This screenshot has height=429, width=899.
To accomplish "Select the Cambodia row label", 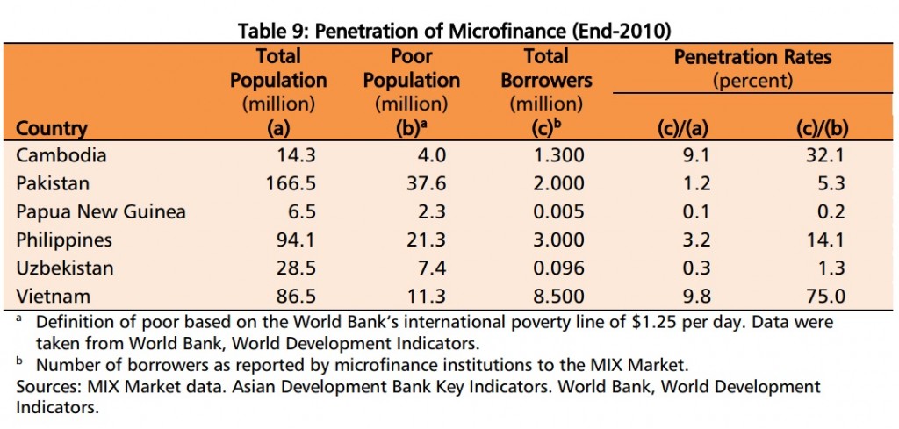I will click(61, 155).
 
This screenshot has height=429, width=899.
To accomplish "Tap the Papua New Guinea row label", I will click(101, 211).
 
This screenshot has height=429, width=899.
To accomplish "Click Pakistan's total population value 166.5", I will click(291, 183).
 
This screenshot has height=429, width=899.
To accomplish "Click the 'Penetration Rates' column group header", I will click(752, 58).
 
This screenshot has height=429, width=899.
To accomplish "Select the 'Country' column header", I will click(52, 128).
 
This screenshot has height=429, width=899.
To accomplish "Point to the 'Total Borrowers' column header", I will click(546, 68).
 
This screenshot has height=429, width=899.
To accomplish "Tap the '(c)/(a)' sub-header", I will click(683, 128).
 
